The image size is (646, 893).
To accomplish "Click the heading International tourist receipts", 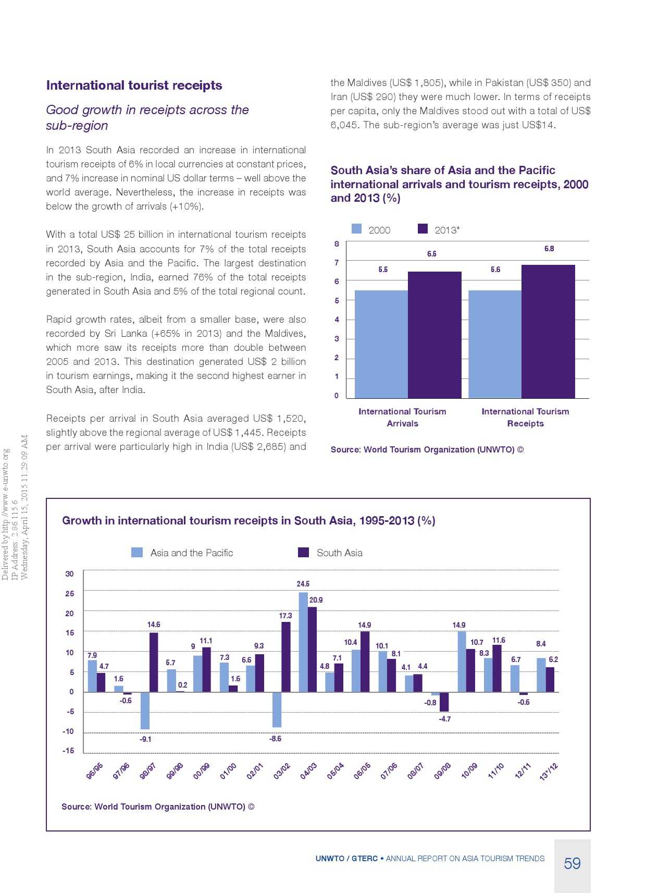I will click(134, 85).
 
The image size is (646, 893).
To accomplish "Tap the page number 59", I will click(572, 864).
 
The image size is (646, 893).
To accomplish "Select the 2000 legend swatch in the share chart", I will click(357, 229).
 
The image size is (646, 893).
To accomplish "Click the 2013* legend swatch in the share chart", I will click(423, 229).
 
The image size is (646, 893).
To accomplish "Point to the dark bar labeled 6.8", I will click(548, 332).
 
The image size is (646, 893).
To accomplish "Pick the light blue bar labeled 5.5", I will click(381, 344).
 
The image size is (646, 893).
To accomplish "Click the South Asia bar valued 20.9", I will click(312, 650).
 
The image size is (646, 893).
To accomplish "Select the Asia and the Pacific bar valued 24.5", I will click(303, 642).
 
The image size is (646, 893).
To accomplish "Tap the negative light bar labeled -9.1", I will click(145, 711).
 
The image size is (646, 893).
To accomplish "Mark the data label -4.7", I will click(445, 719).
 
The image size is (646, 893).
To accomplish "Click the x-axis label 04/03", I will click(308, 771).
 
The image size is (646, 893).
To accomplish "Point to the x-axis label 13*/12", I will click(549, 772).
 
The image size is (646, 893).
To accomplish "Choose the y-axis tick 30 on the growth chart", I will click(69, 574).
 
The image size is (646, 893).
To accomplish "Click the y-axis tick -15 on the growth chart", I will click(68, 751).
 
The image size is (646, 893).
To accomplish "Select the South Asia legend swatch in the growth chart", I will click(303, 553).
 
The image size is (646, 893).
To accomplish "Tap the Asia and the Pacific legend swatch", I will click(137, 553).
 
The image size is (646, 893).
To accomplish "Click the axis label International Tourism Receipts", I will click(525, 418).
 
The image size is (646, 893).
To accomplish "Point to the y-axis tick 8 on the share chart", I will click(337, 244).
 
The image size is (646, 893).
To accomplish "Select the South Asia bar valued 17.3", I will click(286, 657).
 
